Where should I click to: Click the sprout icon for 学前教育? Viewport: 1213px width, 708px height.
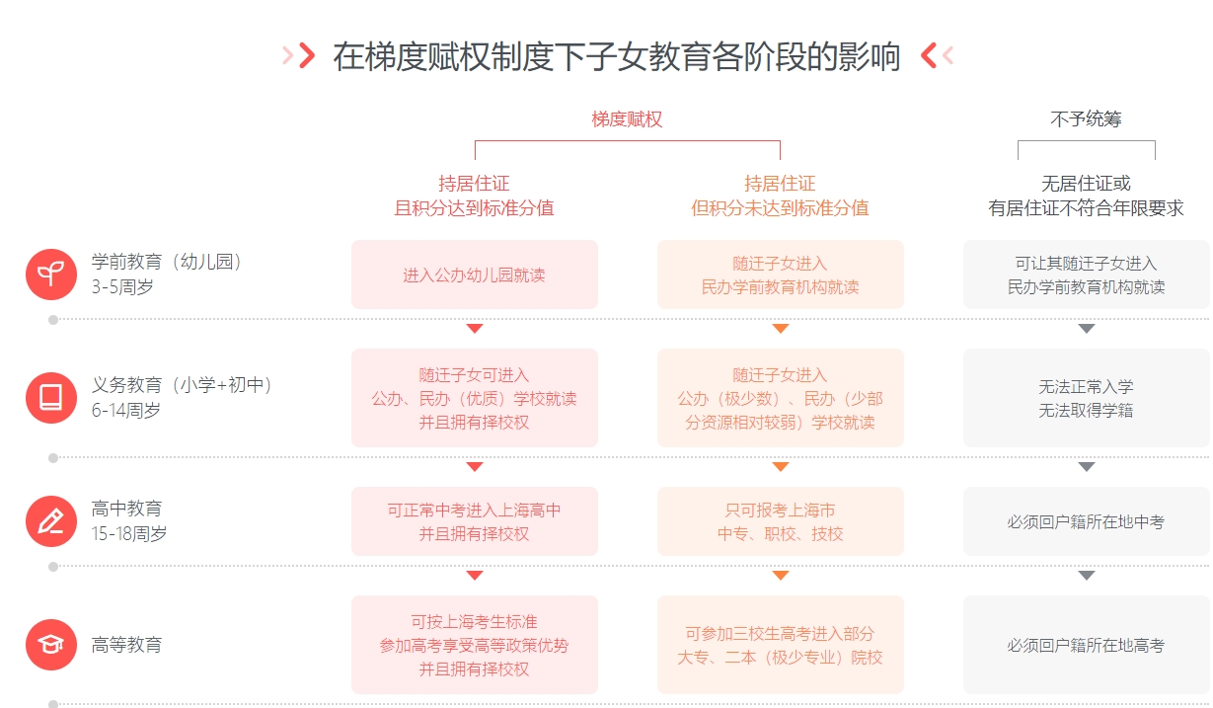(51, 275)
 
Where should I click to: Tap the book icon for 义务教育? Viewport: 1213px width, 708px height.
(51, 398)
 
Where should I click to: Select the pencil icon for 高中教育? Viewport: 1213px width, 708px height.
(51, 521)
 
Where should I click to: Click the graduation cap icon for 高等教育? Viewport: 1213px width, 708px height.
(51, 645)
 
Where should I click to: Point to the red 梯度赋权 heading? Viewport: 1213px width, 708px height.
(627, 119)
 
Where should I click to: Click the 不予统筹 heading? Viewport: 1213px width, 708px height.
(1086, 119)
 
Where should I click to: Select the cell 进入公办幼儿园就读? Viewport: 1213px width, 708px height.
(475, 275)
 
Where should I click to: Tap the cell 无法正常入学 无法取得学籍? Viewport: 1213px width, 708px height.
(1087, 398)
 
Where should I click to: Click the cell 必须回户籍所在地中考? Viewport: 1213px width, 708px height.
(1087, 521)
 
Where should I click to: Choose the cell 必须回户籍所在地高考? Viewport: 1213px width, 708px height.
(1087, 645)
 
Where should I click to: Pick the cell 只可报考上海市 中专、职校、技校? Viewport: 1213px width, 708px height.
(781, 521)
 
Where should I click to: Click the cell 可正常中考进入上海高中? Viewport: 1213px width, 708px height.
(475, 521)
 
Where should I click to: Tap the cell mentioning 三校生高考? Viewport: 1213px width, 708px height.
(781, 645)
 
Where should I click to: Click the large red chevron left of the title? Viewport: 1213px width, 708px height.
(307, 55)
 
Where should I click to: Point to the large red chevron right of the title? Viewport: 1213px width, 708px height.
(928, 55)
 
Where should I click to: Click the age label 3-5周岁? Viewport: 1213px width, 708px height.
(122, 286)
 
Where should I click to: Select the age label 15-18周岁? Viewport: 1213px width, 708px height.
(129, 533)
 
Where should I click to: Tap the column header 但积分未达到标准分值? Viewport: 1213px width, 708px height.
(780, 208)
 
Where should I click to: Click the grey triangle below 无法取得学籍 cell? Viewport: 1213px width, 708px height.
(1087, 467)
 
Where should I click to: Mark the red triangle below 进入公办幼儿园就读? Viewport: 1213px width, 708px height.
(475, 328)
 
